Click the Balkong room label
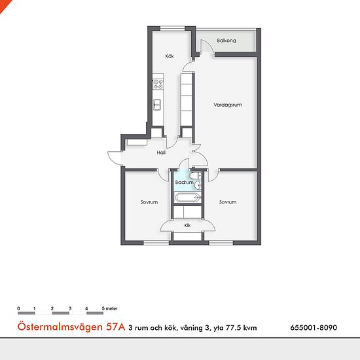pos(226,41)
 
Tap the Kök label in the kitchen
pos(170,56)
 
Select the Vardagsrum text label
pos(228,105)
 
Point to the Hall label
pos(161,153)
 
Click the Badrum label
pos(184,183)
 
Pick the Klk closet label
pos(187,225)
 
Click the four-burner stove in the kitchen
pos(158,84)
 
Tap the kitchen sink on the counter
pos(157,105)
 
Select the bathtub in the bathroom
pos(188,198)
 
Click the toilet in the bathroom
pos(195,176)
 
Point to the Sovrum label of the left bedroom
pos(149,202)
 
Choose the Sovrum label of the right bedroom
pos(228,202)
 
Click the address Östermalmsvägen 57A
pos(71,327)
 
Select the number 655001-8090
pos(314,328)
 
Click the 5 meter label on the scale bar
pos(110,308)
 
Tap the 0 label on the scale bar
pos(18,308)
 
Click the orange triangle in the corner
pos(4,5)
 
